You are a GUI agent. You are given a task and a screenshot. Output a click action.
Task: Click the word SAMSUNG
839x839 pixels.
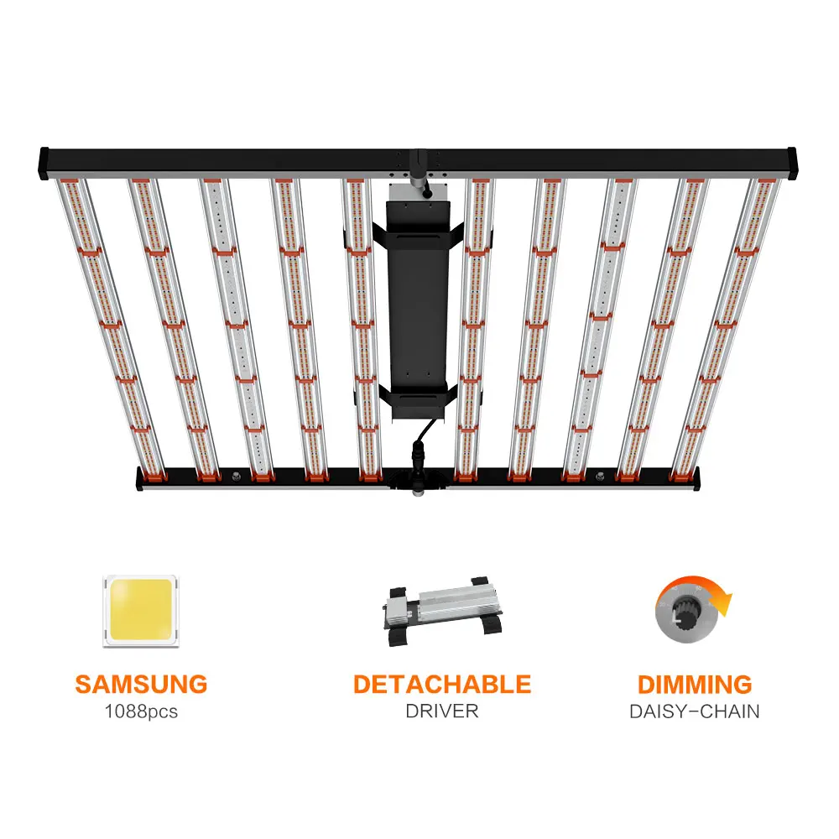coord(141,684)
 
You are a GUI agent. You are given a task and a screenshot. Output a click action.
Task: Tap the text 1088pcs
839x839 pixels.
coord(141,711)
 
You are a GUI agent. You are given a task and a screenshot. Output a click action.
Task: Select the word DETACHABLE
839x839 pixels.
coord(441,684)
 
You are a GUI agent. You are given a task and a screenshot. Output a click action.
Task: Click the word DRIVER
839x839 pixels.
coord(441,711)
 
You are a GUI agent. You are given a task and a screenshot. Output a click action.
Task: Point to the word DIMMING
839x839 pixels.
coord(695,684)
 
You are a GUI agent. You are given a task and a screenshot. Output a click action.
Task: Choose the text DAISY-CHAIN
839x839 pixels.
coord(695,711)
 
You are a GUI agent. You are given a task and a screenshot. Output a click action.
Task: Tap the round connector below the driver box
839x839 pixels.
coord(417,480)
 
